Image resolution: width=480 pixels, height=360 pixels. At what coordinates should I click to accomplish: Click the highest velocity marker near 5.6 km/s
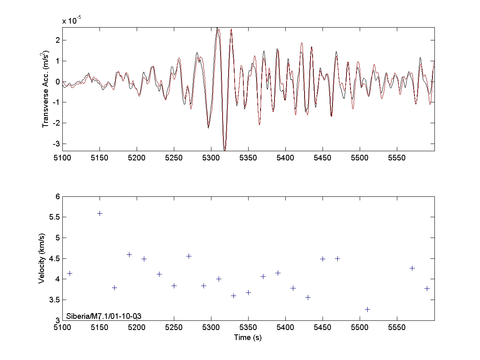100,213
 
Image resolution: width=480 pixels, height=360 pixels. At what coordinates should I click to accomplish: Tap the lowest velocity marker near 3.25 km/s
367,309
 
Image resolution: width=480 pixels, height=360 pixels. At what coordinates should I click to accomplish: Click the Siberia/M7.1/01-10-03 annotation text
104,316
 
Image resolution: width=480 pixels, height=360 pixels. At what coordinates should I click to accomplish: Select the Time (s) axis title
248,338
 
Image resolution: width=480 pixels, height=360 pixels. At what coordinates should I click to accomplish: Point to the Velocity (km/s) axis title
42,258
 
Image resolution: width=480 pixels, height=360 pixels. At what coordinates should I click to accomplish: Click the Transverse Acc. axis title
46,89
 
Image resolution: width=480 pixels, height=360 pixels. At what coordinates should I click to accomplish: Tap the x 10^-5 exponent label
72,21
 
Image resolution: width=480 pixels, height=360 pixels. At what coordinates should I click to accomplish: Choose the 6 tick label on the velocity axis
57,196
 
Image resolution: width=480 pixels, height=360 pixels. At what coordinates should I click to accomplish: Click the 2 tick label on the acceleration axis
58,40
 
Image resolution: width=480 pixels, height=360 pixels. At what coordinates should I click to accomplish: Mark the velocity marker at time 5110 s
70,273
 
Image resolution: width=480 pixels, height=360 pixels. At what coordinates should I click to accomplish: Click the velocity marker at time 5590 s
427,288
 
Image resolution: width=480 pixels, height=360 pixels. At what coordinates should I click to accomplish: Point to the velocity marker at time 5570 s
412,268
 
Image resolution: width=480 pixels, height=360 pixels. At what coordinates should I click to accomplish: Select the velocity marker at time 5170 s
114,288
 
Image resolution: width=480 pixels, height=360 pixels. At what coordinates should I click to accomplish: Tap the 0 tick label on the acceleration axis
58,82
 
